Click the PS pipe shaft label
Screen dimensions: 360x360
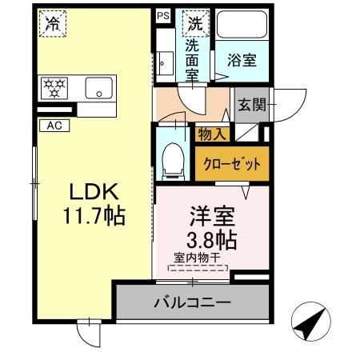163,15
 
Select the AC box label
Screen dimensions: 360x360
54,125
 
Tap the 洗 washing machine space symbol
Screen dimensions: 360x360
194,23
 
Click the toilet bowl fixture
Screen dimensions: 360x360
171,161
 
